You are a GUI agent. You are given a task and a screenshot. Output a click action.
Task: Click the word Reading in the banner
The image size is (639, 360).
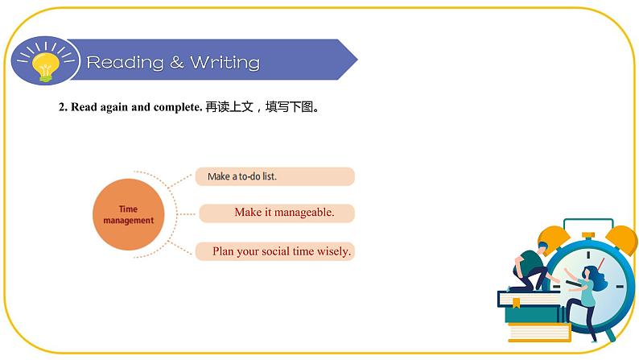(125, 62)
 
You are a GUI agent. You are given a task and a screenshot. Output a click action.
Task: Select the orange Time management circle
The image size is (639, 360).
(128, 214)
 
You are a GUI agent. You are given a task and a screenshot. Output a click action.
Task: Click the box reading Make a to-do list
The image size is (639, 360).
(274, 176)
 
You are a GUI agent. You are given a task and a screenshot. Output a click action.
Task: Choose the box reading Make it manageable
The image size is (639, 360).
(278, 213)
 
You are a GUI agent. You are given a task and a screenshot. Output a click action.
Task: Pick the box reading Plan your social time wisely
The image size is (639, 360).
(274, 251)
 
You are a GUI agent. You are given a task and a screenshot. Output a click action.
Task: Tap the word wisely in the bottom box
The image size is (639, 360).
(335, 251)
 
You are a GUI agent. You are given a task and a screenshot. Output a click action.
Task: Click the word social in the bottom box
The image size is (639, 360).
(278, 251)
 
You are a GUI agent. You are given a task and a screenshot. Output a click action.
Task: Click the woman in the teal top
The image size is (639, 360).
(587, 294)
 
